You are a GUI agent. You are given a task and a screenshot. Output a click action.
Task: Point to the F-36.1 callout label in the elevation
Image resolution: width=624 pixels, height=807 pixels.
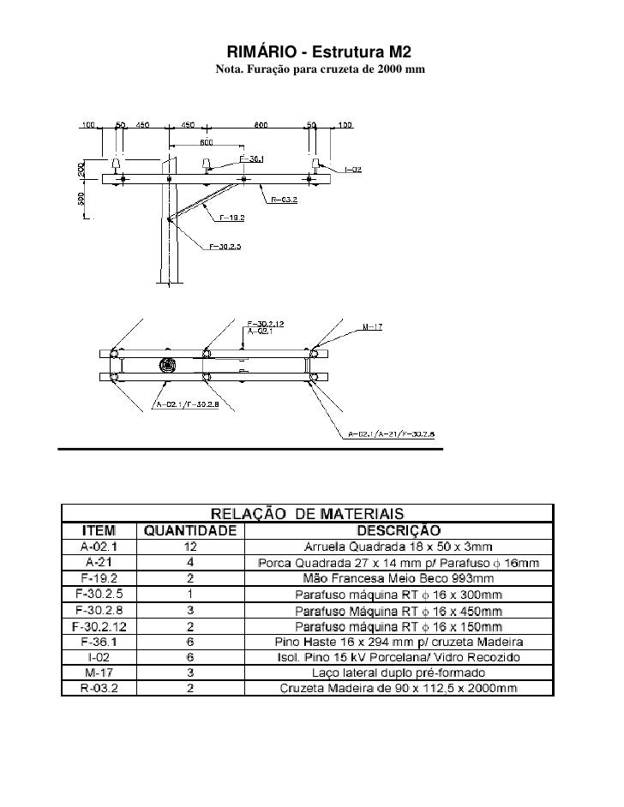[252, 158]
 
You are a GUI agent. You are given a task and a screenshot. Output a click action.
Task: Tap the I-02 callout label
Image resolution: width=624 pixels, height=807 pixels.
[352, 170]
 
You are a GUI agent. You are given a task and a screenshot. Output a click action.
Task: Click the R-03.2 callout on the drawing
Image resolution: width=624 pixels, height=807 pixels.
[285, 200]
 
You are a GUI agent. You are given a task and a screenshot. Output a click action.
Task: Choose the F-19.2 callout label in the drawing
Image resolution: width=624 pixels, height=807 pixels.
[233, 218]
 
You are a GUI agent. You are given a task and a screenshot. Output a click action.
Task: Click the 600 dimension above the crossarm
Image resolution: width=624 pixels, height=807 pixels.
[207, 142]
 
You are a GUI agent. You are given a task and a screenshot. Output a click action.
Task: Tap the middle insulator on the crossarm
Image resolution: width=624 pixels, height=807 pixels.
[207, 165]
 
